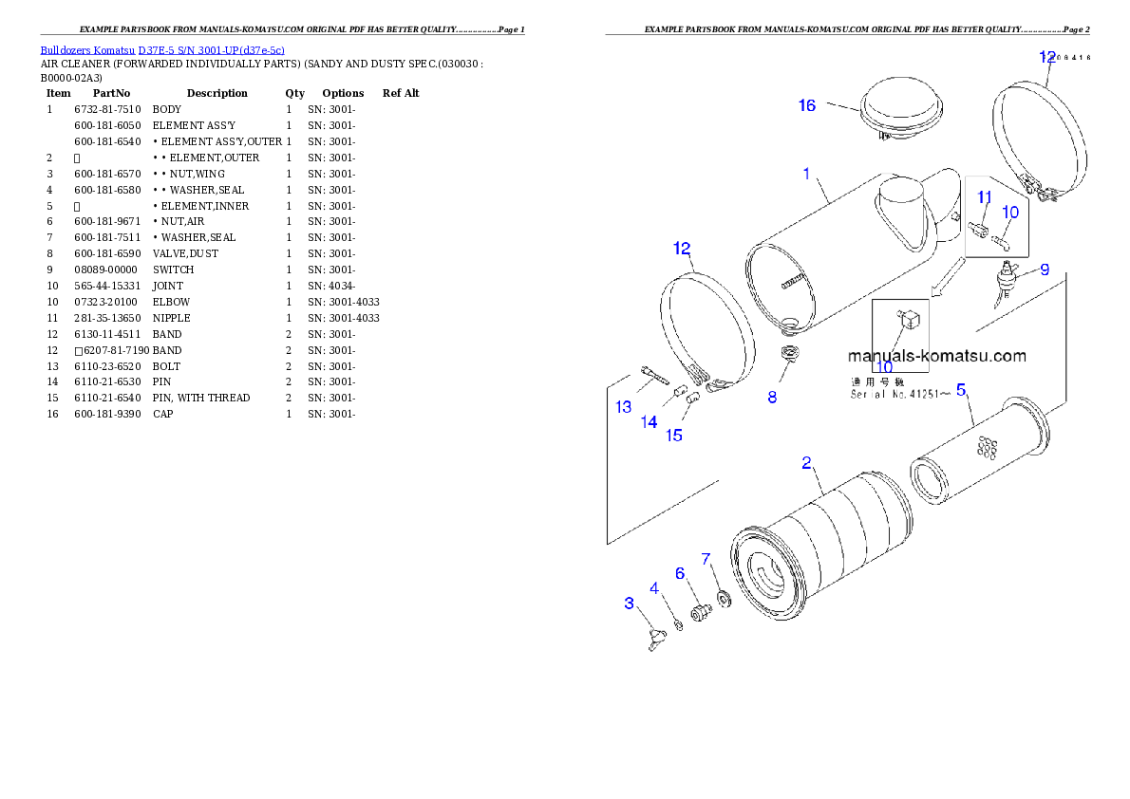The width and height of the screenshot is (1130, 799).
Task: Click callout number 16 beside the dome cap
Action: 806,105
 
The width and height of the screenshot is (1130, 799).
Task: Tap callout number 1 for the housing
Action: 806,174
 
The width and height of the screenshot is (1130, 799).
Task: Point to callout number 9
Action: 1044,269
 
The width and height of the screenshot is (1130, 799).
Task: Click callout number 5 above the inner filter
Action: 961,389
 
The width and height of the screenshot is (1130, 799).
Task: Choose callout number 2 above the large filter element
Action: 806,463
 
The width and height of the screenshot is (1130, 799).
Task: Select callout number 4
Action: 654,588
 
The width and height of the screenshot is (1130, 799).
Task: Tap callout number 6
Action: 680,573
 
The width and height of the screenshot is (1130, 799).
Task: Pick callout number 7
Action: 706,559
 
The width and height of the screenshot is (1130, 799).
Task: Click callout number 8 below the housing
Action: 772,398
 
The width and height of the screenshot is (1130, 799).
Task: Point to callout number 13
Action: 623,407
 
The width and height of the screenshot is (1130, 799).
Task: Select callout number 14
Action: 649,422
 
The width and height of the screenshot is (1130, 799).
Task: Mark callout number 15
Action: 674,436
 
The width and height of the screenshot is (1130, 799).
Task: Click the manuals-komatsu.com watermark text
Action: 936,357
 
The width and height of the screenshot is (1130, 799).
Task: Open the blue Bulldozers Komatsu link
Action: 162,50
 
